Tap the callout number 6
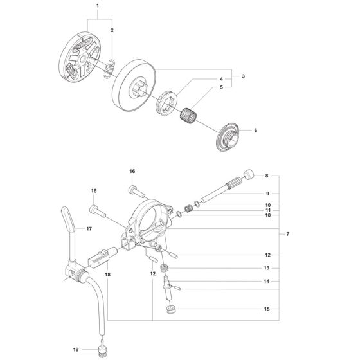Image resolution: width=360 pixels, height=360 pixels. point(255,130)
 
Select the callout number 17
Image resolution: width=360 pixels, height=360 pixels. point(90,228)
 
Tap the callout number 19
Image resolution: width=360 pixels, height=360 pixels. point(76,350)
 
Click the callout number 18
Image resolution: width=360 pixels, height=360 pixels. point(107,274)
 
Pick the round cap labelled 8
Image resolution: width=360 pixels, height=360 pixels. point(249,174)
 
